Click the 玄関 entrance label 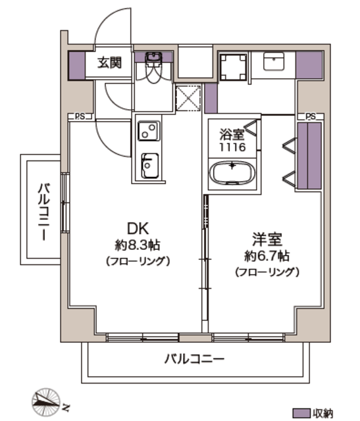tap(109, 62)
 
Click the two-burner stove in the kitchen tap(149, 131)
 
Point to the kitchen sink tap(149, 166)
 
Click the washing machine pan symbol tap(233, 67)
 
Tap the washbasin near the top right tap(274, 61)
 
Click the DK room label tap(138, 229)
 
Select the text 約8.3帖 tap(138, 245)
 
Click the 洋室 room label tap(267, 239)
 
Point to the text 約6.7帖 tap(267, 256)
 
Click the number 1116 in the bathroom tap(232, 147)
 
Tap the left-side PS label tap(80, 116)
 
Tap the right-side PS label tap(311, 116)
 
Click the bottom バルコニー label tap(194, 359)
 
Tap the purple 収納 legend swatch tap(301, 413)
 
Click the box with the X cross tap(188, 98)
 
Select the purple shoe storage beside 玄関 tap(77, 66)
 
